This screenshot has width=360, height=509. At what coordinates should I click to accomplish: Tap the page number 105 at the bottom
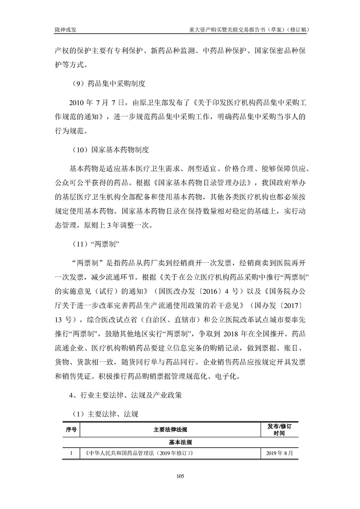pos(180,475)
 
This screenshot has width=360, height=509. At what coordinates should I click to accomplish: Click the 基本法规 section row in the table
pos(180,441)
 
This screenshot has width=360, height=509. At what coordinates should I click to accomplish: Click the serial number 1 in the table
pos(70,453)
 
